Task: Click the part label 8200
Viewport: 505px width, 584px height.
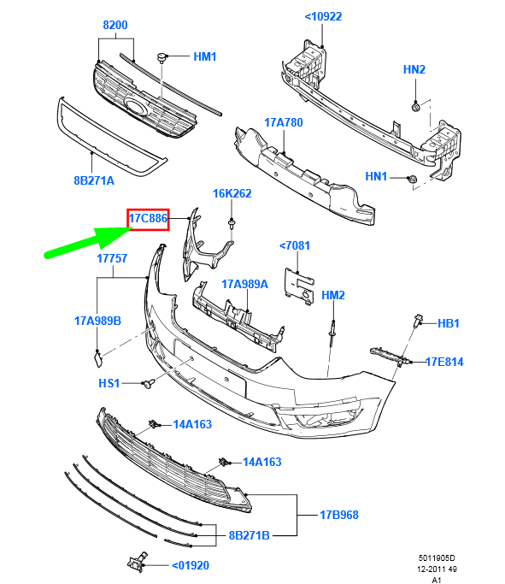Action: pyautogui.click(x=115, y=26)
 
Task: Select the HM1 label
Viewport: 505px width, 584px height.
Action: pyautogui.click(x=205, y=57)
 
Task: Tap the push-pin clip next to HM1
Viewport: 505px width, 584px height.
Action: pyautogui.click(x=161, y=57)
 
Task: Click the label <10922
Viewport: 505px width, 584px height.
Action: pyautogui.click(x=323, y=15)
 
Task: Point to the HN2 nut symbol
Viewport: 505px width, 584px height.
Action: pyautogui.click(x=414, y=106)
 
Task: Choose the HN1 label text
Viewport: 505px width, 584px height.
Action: pyautogui.click(x=377, y=177)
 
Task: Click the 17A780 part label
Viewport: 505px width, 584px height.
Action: pyautogui.click(x=284, y=123)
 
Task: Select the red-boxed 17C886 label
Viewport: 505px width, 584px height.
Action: pyautogui.click(x=149, y=220)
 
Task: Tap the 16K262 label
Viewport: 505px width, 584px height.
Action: pyautogui.click(x=232, y=194)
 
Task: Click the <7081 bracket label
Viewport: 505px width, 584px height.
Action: pyautogui.click(x=295, y=246)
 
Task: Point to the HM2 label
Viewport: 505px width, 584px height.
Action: pyautogui.click(x=332, y=295)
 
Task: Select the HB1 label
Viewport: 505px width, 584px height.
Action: pyautogui.click(x=449, y=324)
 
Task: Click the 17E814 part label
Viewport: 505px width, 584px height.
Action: pyautogui.click(x=444, y=362)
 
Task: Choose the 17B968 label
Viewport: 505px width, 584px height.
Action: pyautogui.click(x=339, y=515)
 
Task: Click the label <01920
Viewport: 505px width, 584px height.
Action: pyautogui.click(x=191, y=564)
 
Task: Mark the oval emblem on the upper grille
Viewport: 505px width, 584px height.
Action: pyautogui.click(x=136, y=106)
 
